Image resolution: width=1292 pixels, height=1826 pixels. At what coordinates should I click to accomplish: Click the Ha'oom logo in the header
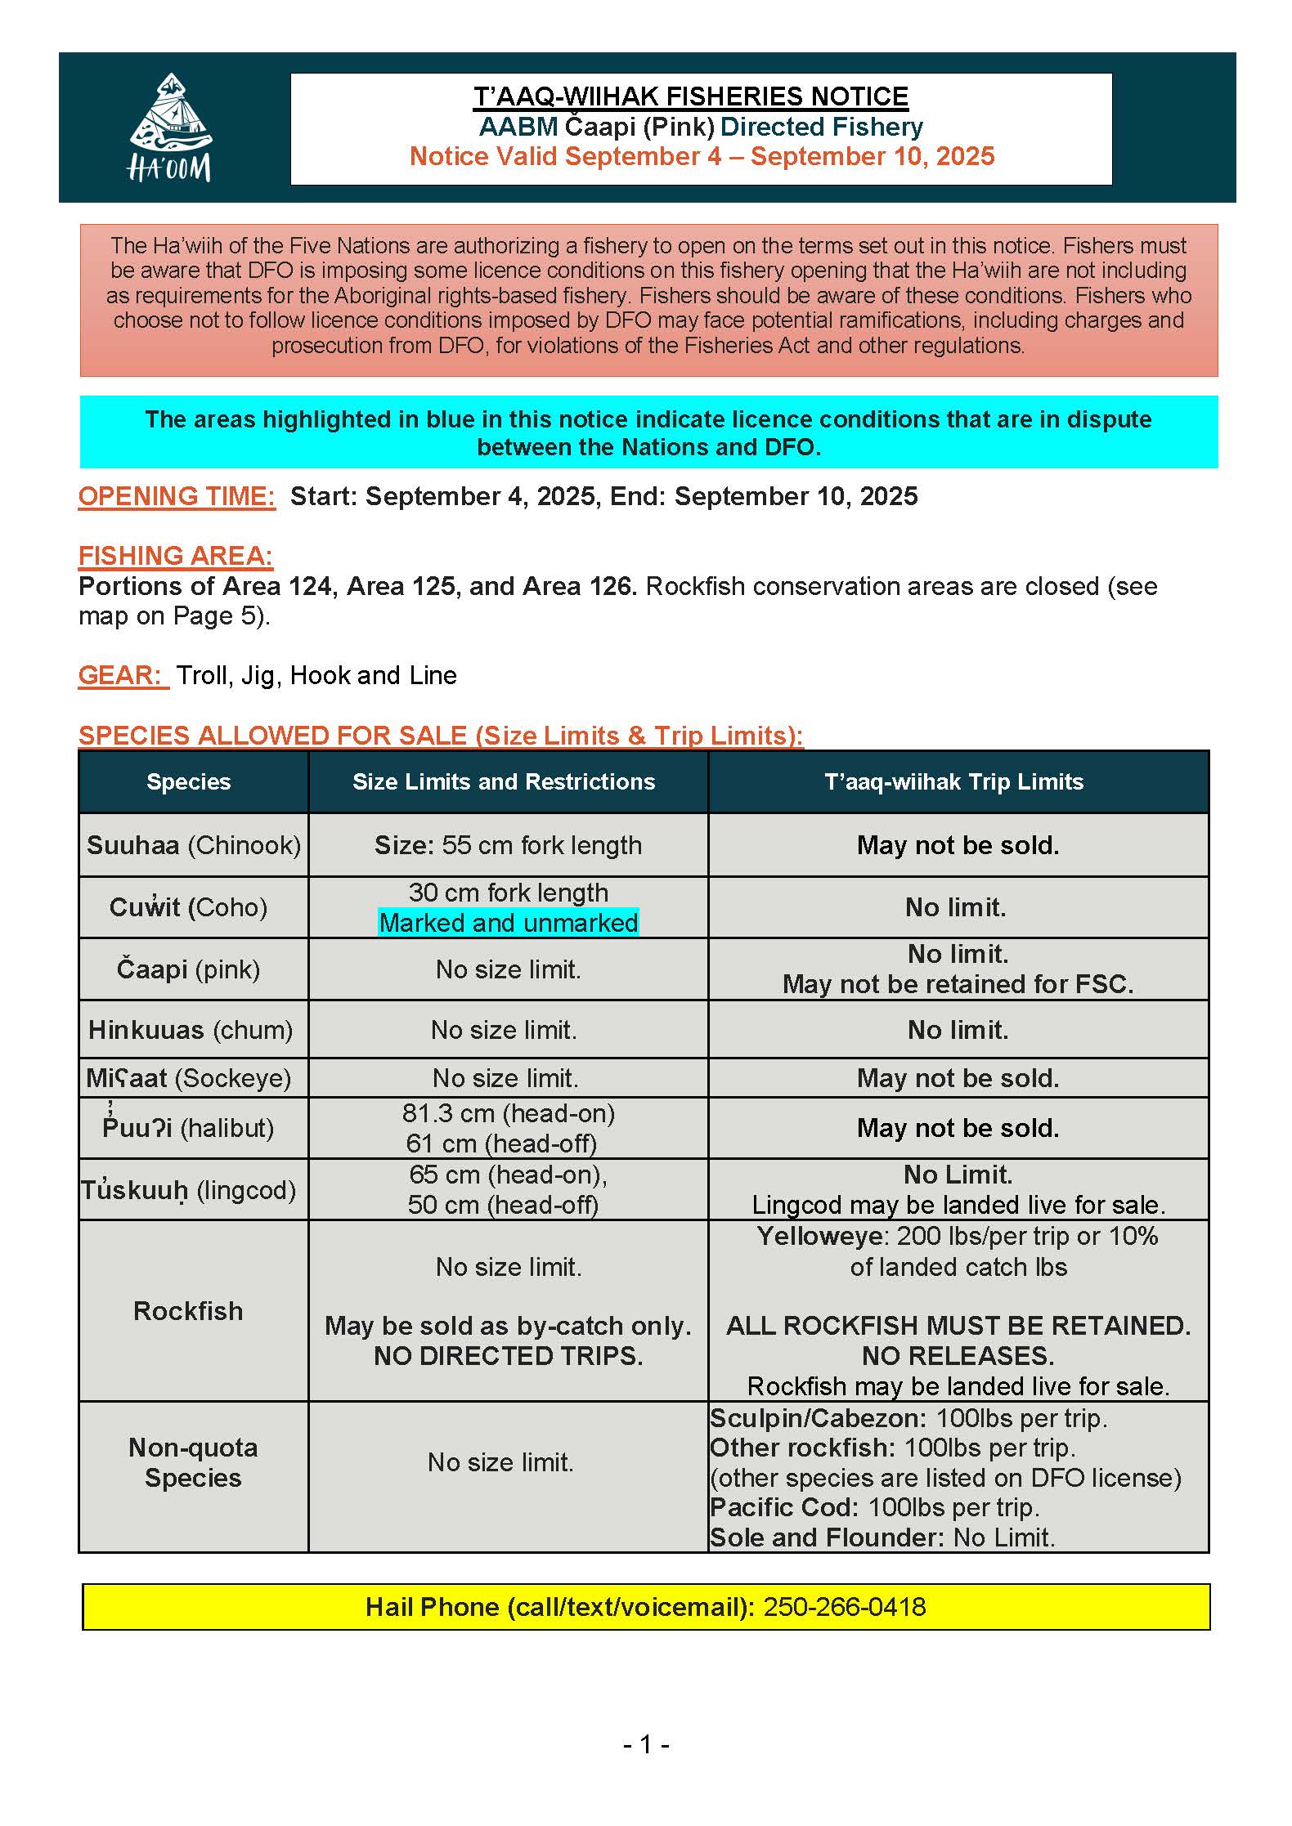tap(170, 127)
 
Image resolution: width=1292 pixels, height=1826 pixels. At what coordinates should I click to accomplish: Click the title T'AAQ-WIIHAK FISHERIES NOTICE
tap(691, 96)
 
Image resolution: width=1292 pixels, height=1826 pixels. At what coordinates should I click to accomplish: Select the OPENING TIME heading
tap(177, 496)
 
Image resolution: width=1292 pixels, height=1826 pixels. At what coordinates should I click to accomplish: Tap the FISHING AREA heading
tap(175, 556)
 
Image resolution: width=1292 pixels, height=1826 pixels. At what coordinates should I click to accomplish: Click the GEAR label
tap(123, 675)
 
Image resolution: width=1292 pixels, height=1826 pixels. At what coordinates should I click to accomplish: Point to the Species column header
tap(188, 782)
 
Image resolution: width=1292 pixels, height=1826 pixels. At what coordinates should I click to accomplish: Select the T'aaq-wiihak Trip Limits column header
tap(953, 782)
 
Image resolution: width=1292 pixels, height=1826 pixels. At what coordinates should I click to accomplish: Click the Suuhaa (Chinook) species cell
tap(193, 845)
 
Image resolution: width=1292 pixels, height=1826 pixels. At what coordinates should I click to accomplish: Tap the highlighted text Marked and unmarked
tap(508, 923)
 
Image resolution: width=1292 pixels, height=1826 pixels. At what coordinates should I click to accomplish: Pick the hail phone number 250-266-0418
tap(844, 1607)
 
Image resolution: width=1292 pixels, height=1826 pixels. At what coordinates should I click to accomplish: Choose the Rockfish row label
tap(188, 1311)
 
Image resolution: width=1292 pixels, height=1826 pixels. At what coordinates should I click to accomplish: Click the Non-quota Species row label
tap(193, 1462)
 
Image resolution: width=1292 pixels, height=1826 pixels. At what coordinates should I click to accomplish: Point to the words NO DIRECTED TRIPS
tap(508, 1356)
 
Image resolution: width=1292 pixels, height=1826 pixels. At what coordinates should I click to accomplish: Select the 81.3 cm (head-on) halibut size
tap(508, 1113)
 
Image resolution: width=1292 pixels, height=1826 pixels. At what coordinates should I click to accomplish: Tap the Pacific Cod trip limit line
tap(873, 1507)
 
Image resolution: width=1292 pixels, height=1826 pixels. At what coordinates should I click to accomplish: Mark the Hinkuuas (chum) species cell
tap(190, 1030)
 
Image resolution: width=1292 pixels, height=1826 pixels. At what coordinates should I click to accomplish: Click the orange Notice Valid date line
tap(702, 156)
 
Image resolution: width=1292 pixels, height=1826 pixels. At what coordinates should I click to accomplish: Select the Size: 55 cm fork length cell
tap(508, 845)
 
